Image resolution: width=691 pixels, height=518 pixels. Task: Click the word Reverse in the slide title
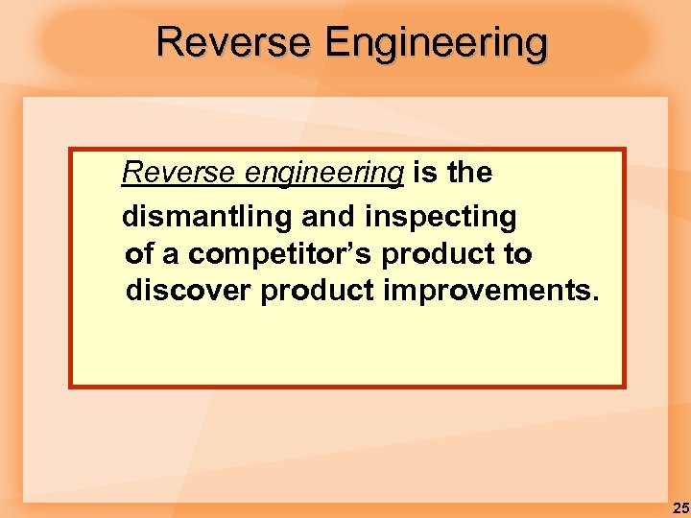pos(233,43)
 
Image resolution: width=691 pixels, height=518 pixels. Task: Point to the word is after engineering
pos(424,173)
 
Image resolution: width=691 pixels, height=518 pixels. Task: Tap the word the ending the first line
pos(469,173)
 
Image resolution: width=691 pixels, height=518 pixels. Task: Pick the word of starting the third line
pos(139,255)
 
